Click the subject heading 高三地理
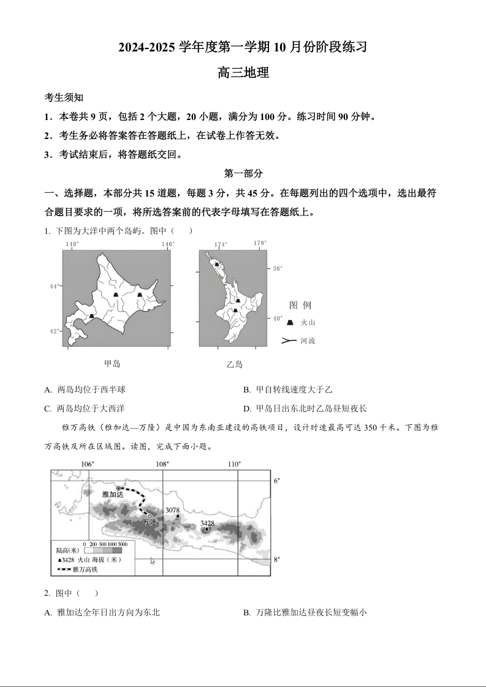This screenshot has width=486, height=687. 243,73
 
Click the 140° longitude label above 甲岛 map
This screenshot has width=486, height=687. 72,244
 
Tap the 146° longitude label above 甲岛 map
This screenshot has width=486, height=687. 168,244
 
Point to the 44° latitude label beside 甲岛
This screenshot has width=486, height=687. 55,286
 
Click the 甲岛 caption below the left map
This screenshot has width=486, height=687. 112,364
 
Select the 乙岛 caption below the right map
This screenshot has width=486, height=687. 235,364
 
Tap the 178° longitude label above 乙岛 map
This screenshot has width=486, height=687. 260,243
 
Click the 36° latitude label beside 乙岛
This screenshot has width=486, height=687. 278,268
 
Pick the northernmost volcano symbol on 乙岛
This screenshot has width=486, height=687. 216,264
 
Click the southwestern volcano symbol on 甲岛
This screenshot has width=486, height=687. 91,317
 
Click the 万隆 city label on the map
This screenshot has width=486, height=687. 150,522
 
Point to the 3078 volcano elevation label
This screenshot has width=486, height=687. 172,510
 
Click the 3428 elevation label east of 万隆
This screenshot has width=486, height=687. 207,523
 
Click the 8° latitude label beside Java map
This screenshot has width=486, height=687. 277,559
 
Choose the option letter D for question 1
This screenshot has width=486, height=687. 246,408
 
